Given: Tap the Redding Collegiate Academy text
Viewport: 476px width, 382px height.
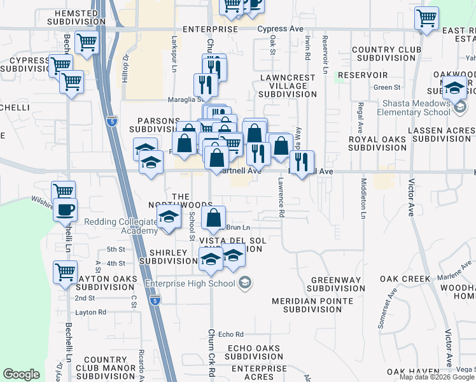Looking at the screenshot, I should point(120,226).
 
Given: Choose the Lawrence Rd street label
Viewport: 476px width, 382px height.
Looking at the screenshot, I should point(280,197).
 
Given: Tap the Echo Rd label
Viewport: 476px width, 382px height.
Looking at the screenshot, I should point(230,334).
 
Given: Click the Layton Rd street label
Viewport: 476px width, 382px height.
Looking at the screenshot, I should point(90,312).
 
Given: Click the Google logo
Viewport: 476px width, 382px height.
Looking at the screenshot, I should point(22,374).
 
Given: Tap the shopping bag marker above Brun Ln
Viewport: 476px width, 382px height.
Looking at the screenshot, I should point(214,218).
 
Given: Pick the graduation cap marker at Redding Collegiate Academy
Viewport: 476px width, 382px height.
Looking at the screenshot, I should point(169,217).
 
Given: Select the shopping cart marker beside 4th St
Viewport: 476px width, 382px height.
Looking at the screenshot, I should point(66,272).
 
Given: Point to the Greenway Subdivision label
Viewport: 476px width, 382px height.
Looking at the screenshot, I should point(337,284).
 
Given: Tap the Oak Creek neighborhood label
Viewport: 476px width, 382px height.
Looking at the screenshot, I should point(405,279).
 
